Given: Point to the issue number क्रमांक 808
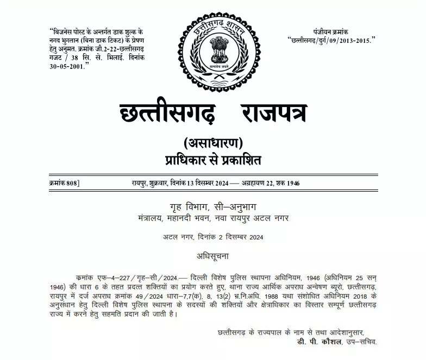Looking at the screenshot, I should point(64,183).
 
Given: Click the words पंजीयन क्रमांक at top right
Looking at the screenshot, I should point(330,33).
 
